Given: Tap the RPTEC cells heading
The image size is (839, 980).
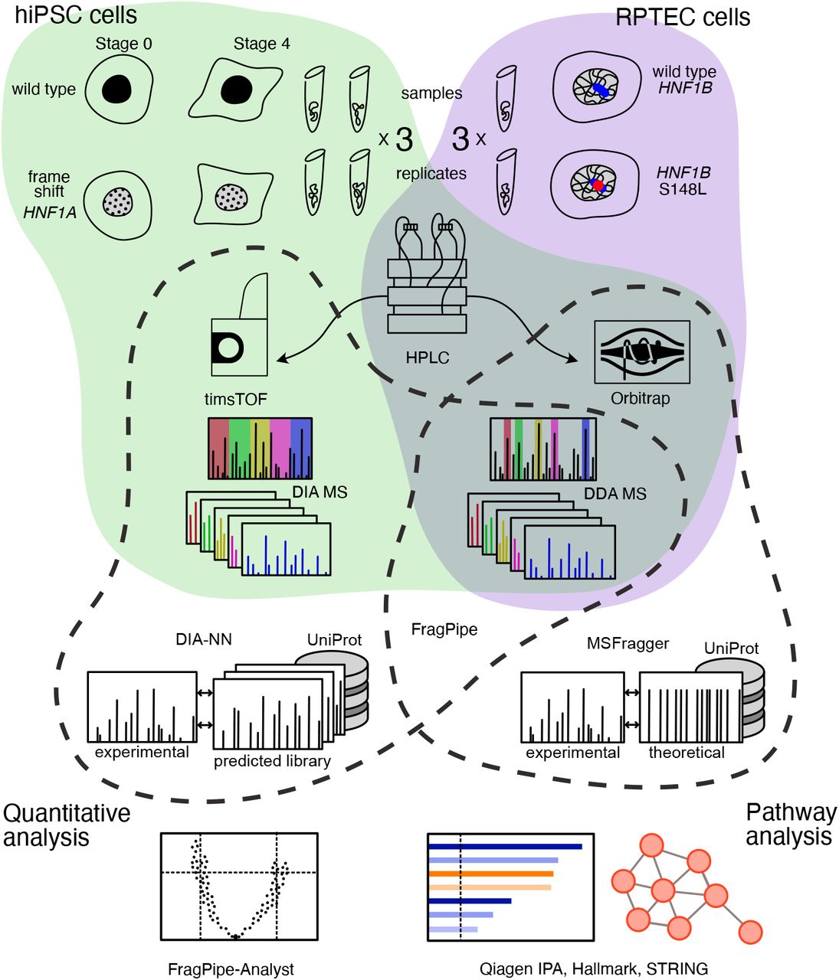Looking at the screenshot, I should pos(683,17).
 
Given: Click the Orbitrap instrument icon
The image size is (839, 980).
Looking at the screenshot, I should pos(642,352).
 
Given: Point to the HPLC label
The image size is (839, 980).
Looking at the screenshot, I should pos(427,358).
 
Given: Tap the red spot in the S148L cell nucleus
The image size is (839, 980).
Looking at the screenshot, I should pos(597,185).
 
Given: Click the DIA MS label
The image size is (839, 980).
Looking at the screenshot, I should pos(320,492).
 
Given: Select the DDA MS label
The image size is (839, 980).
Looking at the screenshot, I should pos(615,494).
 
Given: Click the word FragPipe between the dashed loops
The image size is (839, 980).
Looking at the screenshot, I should pos(444,629).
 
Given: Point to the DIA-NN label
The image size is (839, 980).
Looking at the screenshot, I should pos(203,639).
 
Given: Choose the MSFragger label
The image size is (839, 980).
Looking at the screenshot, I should pos(628,644).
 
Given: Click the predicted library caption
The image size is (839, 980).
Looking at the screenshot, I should pos(272,761).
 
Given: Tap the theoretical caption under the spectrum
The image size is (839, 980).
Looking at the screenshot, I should pos(687,753).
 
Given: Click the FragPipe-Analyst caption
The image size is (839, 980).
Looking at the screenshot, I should pos(231,969).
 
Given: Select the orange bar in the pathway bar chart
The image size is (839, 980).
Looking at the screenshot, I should pos(491,874).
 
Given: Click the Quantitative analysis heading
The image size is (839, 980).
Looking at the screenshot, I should pos(66,825).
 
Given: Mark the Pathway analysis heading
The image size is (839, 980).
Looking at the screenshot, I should pos(790,824).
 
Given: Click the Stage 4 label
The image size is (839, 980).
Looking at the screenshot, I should pos(261,44).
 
